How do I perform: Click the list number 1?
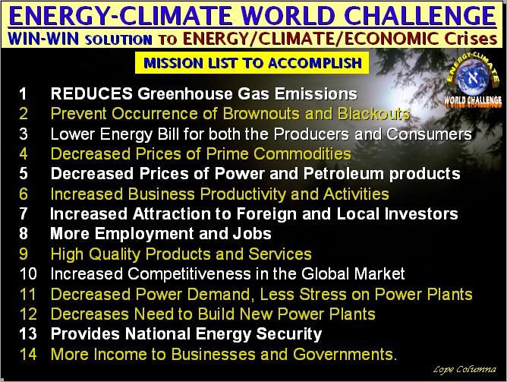pyautogui.click(x=23, y=94)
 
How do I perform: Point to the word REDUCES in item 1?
pyautogui.click(x=91, y=94)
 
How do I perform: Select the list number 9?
pyautogui.click(x=23, y=254)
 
